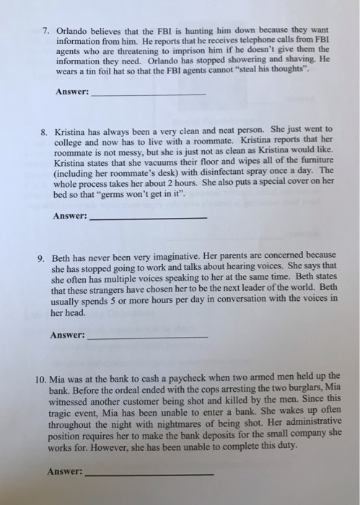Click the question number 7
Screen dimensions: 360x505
(x=45, y=32)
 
